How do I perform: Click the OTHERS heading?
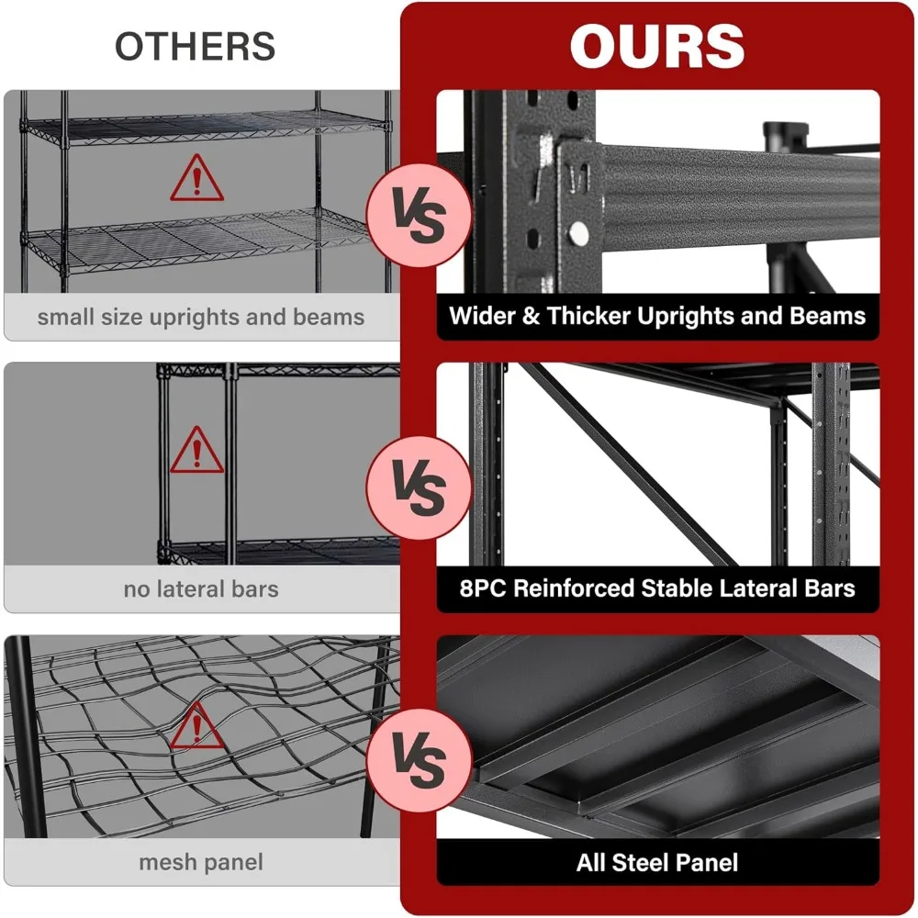(195, 46)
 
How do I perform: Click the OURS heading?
(656, 45)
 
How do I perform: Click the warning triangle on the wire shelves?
(196, 179)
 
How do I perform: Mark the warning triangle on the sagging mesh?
(196, 726)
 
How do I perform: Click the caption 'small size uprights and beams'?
(201, 318)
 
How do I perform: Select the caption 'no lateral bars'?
(201, 588)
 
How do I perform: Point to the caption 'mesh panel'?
(201, 862)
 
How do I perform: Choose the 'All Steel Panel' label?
(657, 862)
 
